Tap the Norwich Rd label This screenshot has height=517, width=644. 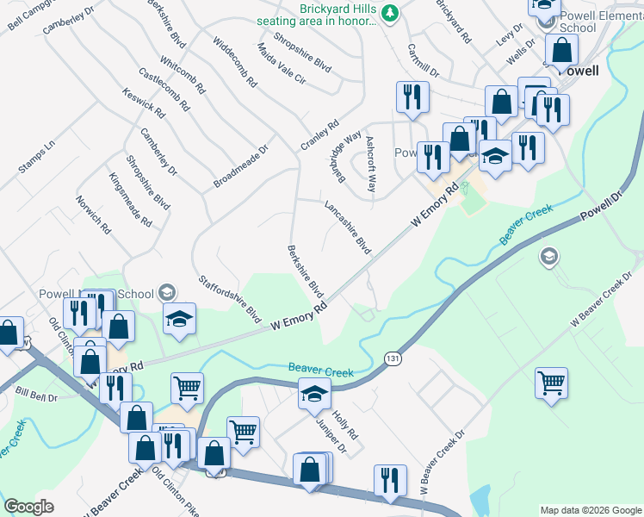(93, 215)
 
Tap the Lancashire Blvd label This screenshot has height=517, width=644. (347, 227)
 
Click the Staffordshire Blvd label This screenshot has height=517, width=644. (229, 298)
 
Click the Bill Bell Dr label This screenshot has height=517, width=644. (35, 397)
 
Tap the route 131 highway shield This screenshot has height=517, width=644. (393, 358)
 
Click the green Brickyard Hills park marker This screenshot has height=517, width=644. (389, 13)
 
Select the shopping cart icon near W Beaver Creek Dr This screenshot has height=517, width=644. (551, 383)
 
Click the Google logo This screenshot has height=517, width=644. (28, 507)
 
